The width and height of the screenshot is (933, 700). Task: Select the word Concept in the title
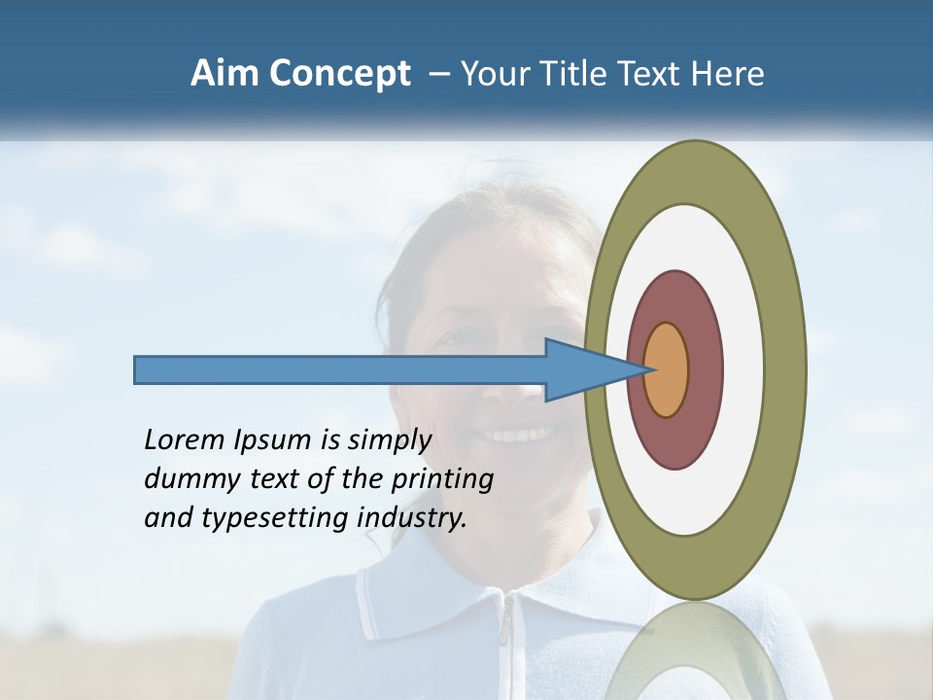[x=340, y=75]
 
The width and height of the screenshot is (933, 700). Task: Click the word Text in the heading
[x=646, y=74]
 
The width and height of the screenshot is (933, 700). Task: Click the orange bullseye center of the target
[x=667, y=369]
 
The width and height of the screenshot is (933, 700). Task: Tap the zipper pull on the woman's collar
[x=504, y=632]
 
